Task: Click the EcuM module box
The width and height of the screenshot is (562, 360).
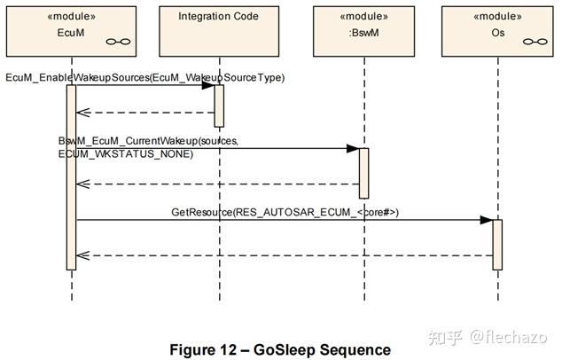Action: pos(71,31)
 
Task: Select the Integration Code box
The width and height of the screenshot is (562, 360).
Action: pos(219,31)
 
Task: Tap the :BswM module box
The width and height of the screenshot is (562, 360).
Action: pos(363,31)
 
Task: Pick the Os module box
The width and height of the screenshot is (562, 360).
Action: pos(497,31)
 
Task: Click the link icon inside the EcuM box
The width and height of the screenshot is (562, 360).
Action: pos(118,42)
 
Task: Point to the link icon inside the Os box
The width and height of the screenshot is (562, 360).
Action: pos(535,42)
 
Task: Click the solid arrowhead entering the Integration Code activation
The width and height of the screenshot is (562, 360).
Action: pos(208,85)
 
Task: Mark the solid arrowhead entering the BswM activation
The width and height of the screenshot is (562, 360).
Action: pos(353,148)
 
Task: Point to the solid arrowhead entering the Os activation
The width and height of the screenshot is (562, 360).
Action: pos(487,220)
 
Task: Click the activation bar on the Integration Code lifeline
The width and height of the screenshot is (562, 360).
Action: pos(219,106)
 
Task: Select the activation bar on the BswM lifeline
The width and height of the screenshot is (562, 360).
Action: pos(364,173)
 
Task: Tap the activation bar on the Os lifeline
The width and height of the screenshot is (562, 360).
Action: pos(497,245)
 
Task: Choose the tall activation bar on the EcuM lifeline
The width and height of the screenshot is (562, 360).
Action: pos(71,177)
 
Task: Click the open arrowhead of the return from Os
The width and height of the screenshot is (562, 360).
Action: pos(82,255)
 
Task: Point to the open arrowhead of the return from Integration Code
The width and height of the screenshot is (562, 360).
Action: pos(82,113)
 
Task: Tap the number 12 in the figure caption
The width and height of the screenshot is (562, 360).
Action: pos(228,349)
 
